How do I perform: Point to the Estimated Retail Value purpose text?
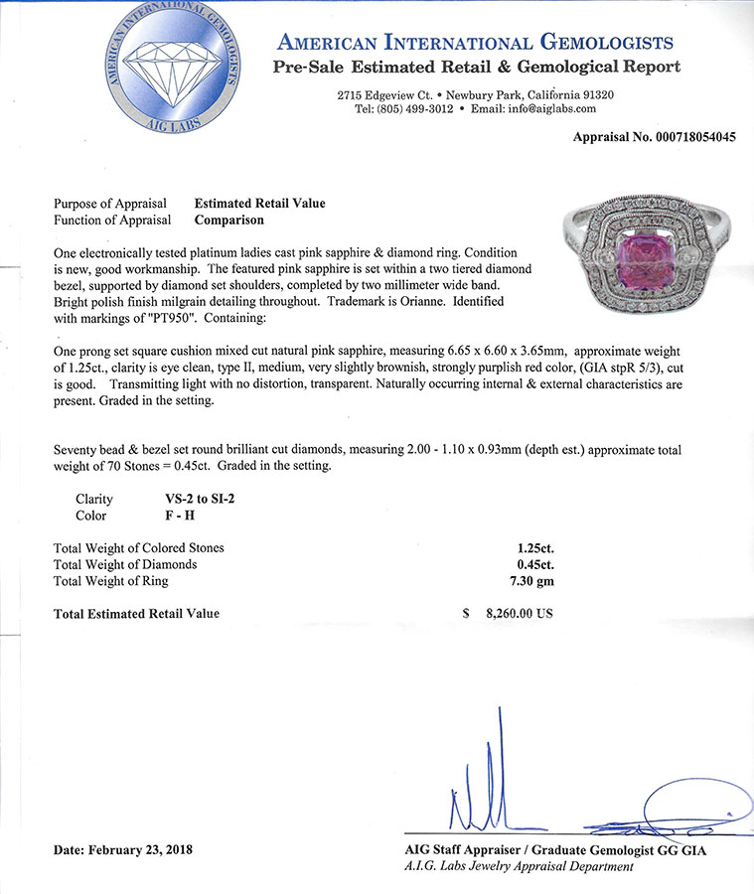(259, 204)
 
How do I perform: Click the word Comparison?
(229, 220)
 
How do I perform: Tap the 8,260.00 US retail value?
(517, 614)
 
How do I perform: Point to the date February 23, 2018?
(122, 850)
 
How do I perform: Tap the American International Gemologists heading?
(476, 43)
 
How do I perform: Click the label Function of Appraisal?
(112, 220)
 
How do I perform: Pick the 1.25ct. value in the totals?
(528, 547)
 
